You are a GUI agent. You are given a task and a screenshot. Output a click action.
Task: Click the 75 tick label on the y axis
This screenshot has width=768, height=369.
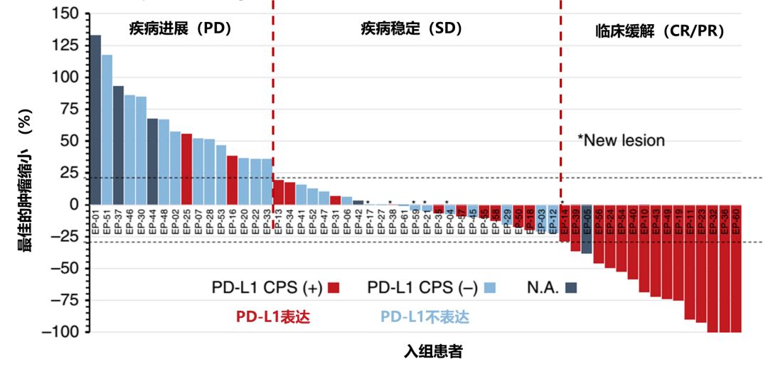tap(69, 109)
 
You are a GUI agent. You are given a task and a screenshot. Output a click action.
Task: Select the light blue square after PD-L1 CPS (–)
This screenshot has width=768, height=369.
tap(489, 288)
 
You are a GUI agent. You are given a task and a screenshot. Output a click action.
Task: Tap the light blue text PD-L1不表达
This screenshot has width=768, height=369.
tap(425, 316)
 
